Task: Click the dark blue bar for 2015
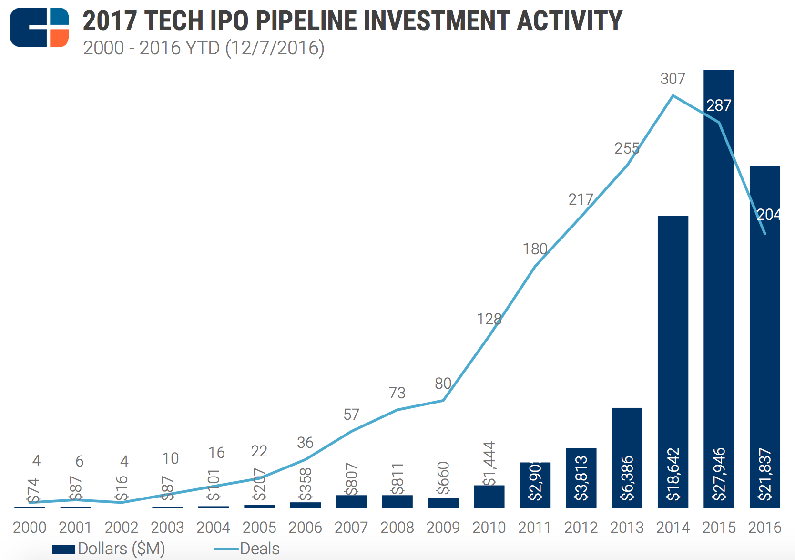click(719, 286)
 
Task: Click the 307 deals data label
click(673, 79)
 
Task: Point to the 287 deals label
click(719, 105)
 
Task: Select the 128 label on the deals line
click(489, 319)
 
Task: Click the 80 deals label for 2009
click(443, 384)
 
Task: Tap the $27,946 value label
click(719, 474)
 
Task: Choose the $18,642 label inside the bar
click(673, 474)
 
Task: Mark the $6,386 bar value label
click(627, 478)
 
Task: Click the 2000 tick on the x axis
click(30, 528)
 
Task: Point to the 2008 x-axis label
click(397, 528)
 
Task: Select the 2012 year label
click(581, 528)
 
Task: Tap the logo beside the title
click(39, 27)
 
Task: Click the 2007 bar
click(351, 501)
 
